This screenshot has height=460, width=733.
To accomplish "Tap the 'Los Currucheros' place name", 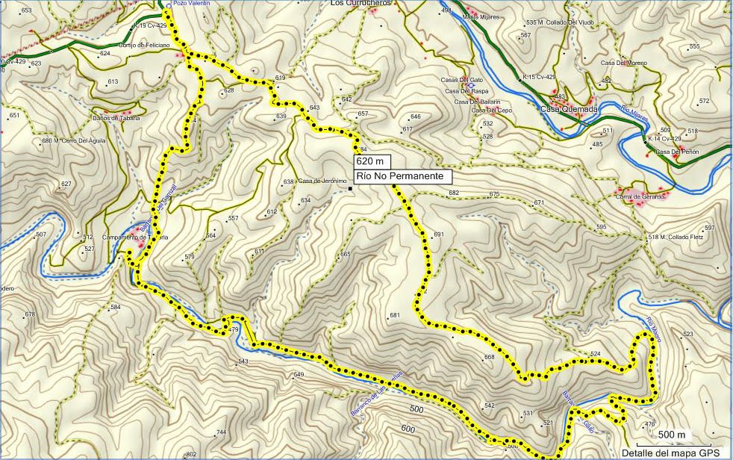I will (x=361, y=3).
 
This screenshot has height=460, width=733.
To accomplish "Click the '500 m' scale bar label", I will (x=672, y=435).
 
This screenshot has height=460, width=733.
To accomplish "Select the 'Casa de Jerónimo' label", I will (x=323, y=181).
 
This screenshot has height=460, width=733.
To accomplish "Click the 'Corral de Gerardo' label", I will (x=640, y=196).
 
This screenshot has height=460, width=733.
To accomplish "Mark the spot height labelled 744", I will (x=221, y=433).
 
